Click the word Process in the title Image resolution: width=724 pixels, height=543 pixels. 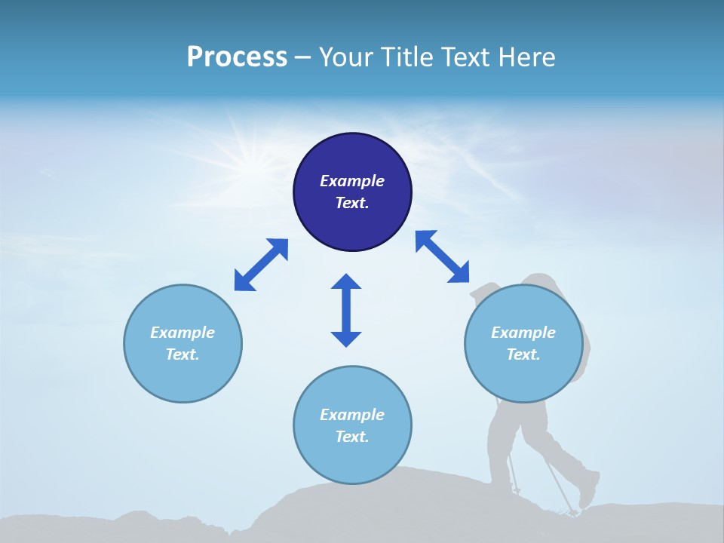pyautogui.click(x=237, y=57)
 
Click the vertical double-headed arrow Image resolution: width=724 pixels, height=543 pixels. pyautogui.click(x=346, y=311)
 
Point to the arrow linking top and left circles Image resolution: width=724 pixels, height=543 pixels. pyautogui.click(x=261, y=265)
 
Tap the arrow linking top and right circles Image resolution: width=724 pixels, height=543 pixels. pyautogui.click(x=443, y=256)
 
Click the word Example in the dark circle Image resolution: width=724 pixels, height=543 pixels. pyautogui.click(x=352, y=181)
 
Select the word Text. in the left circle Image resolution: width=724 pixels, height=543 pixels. pyautogui.click(x=183, y=354)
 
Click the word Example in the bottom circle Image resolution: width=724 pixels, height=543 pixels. pyautogui.click(x=352, y=415)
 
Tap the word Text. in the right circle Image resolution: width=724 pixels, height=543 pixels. pyautogui.click(x=523, y=354)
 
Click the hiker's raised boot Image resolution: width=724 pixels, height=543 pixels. pyautogui.click(x=588, y=490)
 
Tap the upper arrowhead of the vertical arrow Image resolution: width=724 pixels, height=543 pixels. pyautogui.click(x=346, y=282)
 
